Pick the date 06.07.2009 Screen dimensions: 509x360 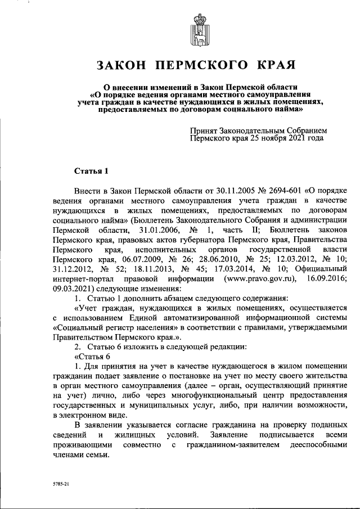pyautogui.click(x=120, y=259)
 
